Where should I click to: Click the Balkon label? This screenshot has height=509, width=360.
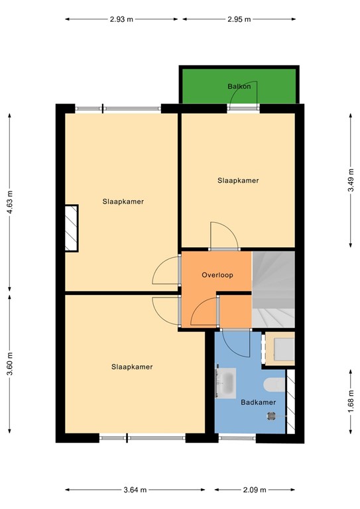tap(238, 86)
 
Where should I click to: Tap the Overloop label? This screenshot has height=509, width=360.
tap(217, 274)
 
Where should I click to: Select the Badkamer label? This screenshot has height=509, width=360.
tap(254, 402)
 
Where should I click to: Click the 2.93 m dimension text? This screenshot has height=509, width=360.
tap(122, 19)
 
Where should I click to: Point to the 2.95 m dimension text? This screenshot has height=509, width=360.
tap(239, 19)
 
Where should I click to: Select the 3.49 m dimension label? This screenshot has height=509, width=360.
tap(350, 179)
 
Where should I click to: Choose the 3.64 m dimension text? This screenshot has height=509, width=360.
tap(135, 490)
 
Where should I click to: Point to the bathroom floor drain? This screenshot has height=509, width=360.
tap(270, 416)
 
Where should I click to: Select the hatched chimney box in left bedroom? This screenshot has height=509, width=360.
tap(71, 227)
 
